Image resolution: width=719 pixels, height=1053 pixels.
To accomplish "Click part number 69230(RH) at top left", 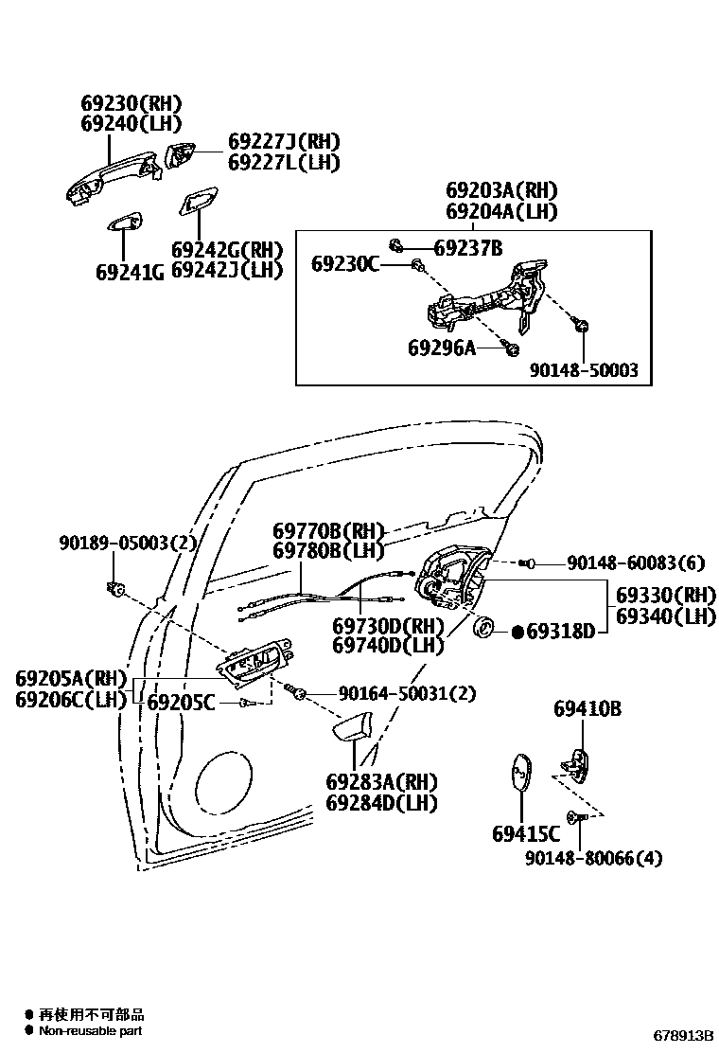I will click(x=131, y=103).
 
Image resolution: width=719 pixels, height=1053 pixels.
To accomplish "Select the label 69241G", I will click(x=130, y=272).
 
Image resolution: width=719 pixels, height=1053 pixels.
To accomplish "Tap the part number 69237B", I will click(x=467, y=249).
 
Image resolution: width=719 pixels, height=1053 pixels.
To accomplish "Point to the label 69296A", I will click(x=442, y=348).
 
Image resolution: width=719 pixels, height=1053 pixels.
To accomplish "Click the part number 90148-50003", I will click(x=584, y=370).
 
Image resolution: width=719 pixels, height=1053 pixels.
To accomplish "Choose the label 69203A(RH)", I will click(x=501, y=190).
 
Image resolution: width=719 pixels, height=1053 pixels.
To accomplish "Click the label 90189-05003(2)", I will click(x=127, y=543).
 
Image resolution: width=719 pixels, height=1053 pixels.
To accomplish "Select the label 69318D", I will click(x=560, y=631).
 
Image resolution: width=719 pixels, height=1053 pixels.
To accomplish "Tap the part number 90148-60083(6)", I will click(x=636, y=563).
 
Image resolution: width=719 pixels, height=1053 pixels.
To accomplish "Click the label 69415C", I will click(x=526, y=833).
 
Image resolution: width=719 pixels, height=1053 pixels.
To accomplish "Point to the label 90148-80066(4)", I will click(x=593, y=858).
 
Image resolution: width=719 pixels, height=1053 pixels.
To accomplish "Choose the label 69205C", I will click(x=181, y=703).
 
